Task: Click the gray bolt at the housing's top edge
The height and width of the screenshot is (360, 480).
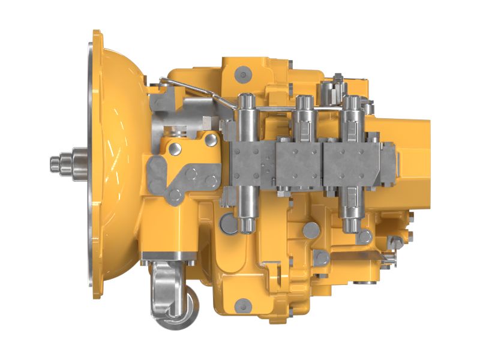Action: [243, 74]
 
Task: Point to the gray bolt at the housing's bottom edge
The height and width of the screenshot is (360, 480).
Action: [242, 305]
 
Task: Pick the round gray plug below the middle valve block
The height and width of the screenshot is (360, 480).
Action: [311, 230]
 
